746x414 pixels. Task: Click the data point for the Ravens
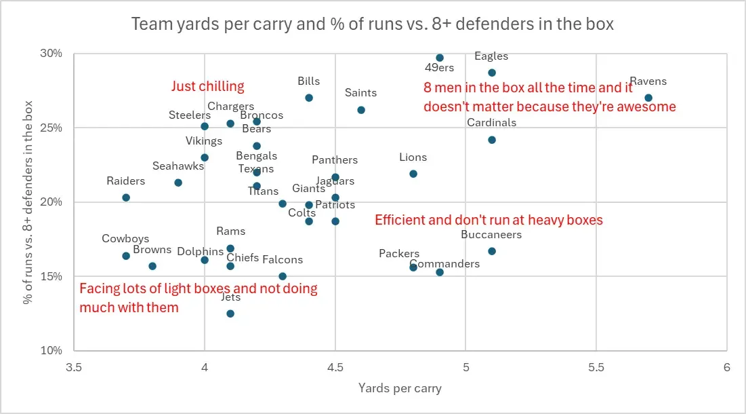coord(648,98)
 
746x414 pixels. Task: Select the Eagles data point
coord(492,73)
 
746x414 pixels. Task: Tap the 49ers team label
coord(440,68)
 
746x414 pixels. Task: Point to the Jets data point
coord(230,314)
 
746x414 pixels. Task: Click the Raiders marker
coord(126,197)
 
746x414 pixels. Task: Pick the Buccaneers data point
coord(492,251)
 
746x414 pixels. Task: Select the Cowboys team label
coord(125,239)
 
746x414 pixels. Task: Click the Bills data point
coord(309,98)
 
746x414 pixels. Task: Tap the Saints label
coord(360,93)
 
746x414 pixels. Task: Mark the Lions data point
coord(413,174)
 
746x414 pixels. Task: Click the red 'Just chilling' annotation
coord(207,86)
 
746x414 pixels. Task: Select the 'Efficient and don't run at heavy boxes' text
coord(489,220)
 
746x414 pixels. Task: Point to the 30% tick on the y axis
coord(52,54)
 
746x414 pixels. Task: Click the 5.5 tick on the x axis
coord(596,367)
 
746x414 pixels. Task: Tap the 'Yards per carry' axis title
coord(400,388)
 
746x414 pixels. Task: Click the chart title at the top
coord(372,24)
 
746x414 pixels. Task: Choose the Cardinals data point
coord(492,140)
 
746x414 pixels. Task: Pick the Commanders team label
coord(444,264)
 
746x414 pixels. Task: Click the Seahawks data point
coord(178,183)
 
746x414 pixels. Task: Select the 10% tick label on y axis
coord(52,351)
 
